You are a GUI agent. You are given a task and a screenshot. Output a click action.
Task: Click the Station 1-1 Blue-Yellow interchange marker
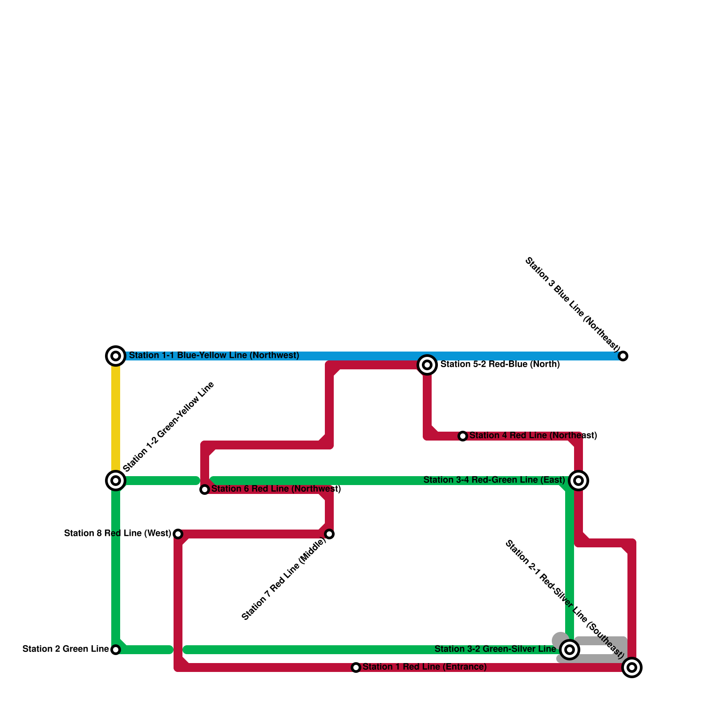(116, 356)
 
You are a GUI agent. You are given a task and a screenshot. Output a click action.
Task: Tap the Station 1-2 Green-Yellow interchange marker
(116, 481)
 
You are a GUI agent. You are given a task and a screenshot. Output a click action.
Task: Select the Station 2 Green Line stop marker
(116, 650)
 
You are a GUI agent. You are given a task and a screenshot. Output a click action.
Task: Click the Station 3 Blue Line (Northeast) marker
(623, 356)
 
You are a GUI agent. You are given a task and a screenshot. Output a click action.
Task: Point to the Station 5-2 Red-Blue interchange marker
(427, 365)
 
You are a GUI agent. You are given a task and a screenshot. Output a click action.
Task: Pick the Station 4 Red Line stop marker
(463, 436)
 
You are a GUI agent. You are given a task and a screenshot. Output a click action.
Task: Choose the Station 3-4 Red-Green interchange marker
(578, 481)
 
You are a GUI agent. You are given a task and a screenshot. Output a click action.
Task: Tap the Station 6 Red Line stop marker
(205, 489)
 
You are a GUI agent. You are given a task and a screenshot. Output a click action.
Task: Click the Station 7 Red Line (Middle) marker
(329, 534)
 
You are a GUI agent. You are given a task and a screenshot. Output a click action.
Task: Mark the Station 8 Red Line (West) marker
(178, 534)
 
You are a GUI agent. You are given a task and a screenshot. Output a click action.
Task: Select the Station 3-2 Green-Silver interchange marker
(570, 650)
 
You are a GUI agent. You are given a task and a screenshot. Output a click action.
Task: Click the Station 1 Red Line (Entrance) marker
(356, 667)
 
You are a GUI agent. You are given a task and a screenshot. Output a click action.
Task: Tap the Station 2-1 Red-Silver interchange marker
(632, 667)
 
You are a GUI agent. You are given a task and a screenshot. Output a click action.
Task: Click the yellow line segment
(116, 418)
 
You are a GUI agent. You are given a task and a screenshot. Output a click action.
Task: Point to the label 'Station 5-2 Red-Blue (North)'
(500, 364)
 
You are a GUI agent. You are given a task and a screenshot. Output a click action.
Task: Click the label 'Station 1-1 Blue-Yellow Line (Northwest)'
(214, 356)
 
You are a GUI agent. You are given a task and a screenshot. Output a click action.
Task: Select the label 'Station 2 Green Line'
(65, 649)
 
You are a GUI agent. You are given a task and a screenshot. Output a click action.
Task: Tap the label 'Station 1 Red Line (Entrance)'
(425, 667)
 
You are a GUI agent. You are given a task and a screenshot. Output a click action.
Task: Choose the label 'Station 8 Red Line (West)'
(117, 534)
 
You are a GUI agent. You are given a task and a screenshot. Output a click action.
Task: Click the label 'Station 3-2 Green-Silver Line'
(495, 649)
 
